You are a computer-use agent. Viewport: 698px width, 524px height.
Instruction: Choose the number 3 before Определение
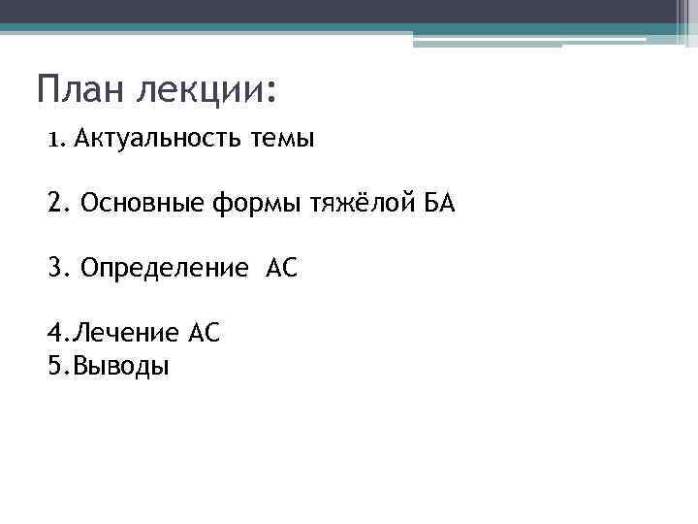[54, 267]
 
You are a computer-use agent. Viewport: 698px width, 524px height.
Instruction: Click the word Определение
[165, 267]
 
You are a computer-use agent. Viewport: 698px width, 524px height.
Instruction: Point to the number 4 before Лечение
[53, 334]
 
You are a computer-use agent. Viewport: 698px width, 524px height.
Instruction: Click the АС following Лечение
[206, 334]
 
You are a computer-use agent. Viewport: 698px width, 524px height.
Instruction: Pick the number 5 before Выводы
[53, 366]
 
